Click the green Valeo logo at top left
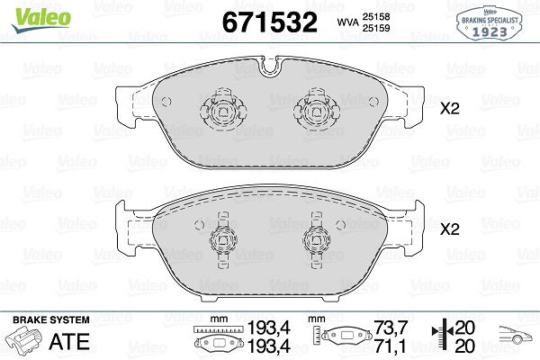pos(41,20)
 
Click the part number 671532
pos(270,22)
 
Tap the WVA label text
pos(347,22)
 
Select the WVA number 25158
pos(375,16)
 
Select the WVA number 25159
pos(375,28)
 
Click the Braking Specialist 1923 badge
pos(489,23)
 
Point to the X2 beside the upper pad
pos(450,109)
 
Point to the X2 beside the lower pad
pos(450,229)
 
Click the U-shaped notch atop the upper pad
pos(270,66)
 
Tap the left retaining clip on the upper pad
pos(223,110)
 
